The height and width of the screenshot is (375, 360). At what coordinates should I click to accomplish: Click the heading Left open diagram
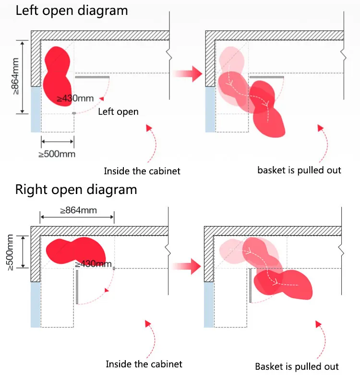(x=72, y=11)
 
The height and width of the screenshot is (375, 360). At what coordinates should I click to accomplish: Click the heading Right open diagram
(x=76, y=189)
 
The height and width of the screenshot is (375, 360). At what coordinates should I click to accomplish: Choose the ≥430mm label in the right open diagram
(x=93, y=264)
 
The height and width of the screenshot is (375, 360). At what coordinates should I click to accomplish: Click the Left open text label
(x=118, y=112)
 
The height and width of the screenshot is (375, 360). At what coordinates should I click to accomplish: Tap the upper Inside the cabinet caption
(x=142, y=171)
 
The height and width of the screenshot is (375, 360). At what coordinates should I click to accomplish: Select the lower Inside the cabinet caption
(x=144, y=364)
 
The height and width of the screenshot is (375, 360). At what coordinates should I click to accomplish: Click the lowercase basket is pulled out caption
(x=299, y=170)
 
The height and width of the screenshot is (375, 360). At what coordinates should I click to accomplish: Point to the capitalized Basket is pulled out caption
(x=297, y=366)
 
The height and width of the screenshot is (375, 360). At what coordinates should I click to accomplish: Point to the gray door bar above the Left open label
(x=93, y=76)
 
